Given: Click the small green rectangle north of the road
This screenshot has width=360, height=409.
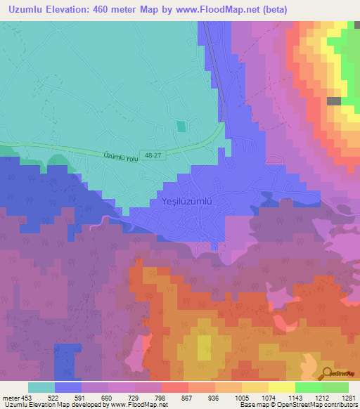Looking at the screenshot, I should pos(181,126).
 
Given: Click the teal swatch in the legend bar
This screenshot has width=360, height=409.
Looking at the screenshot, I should pos(41,387).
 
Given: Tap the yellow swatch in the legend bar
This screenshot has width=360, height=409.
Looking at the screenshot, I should pos(281,387).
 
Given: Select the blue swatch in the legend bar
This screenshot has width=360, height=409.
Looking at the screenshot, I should pos(68,387).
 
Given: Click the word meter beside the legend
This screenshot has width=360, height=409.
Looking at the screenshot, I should pos(12,398).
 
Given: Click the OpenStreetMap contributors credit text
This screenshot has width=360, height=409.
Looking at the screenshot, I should pos(310,405).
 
